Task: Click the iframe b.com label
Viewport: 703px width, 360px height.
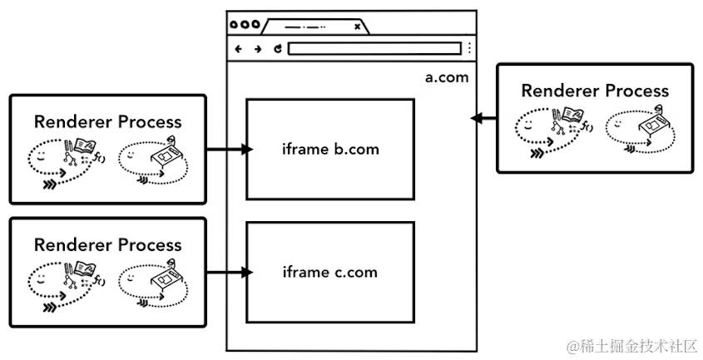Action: pos(329,150)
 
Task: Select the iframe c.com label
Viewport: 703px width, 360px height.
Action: pos(329,272)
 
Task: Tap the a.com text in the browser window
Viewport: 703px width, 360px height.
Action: pos(447,77)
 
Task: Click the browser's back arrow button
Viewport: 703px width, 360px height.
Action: pos(239,48)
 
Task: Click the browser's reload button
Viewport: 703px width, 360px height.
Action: pos(277,48)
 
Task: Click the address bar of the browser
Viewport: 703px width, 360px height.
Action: pos(374,48)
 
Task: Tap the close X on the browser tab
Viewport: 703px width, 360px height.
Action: pos(357,27)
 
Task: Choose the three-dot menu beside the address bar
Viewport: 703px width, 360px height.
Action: pos(469,48)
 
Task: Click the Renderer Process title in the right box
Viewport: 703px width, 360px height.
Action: pos(594,90)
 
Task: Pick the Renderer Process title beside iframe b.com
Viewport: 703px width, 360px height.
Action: pos(107,121)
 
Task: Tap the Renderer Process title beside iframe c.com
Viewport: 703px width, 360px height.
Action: pos(107,244)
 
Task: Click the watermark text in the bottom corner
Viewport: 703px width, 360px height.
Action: pos(631,345)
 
